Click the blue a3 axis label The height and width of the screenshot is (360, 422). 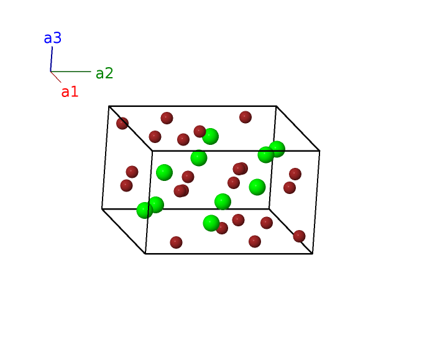click(x=52, y=38)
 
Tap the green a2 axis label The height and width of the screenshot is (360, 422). click(x=104, y=73)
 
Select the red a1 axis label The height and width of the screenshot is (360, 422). click(x=70, y=92)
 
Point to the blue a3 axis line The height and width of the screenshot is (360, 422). click(x=52, y=59)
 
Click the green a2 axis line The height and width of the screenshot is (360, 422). click(x=71, y=72)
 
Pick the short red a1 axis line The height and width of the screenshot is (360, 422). click(x=56, y=77)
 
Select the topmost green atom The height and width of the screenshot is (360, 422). click(x=210, y=137)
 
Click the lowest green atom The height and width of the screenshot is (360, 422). click(x=211, y=223)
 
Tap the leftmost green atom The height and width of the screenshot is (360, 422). click(x=145, y=210)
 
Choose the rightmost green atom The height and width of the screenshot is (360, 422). click(x=277, y=149)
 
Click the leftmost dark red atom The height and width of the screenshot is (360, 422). click(x=122, y=123)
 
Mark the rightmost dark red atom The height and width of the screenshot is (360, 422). click(x=299, y=236)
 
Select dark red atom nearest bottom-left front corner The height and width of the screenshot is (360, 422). click(x=176, y=242)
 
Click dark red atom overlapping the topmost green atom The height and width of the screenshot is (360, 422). click(x=200, y=131)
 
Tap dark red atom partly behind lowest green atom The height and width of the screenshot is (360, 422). click(x=222, y=228)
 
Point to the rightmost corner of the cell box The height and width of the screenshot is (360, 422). click(x=319, y=151)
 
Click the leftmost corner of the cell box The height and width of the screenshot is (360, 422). click(x=102, y=209)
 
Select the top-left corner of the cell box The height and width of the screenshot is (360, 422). click(x=109, y=106)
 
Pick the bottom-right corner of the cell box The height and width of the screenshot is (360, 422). click(x=313, y=254)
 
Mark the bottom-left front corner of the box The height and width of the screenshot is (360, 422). click(x=145, y=254)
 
